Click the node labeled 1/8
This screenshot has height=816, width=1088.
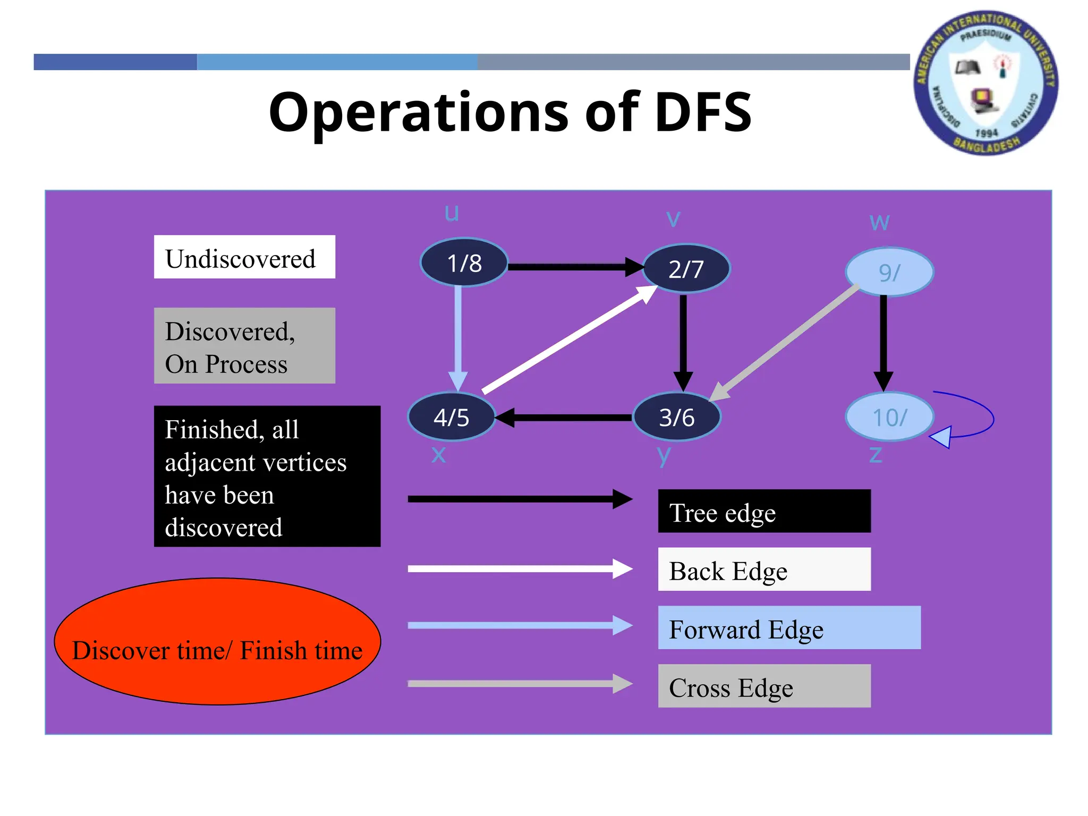[x=464, y=262]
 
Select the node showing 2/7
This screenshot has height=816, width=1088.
[x=686, y=269]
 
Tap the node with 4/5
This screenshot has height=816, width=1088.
[x=451, y=417]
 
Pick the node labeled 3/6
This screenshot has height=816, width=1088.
[x=676, y=417]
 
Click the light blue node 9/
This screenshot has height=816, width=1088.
[x=889, y=272]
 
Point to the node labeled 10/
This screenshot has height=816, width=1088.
[x=889, y=417]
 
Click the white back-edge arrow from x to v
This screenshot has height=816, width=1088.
[x=568, y=340]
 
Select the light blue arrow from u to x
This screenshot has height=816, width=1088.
[x=458, y=335]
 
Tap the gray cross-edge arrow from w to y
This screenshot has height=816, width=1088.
[x=786, y=343]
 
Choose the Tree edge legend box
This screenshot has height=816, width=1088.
[x=764, y=511]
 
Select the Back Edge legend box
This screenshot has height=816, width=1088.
[x=764, y=569]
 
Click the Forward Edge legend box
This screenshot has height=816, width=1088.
[x=789, y=627]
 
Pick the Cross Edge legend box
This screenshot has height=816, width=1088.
[x=764, y=686]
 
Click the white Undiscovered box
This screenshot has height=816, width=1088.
[x=244, y=257]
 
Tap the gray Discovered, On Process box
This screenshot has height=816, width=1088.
[x=244, y=346]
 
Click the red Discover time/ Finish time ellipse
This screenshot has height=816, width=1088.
[x=217, y=642]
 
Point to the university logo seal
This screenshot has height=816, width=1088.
[x=986, y=83]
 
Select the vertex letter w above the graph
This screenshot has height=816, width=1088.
[x=879, y=222]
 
